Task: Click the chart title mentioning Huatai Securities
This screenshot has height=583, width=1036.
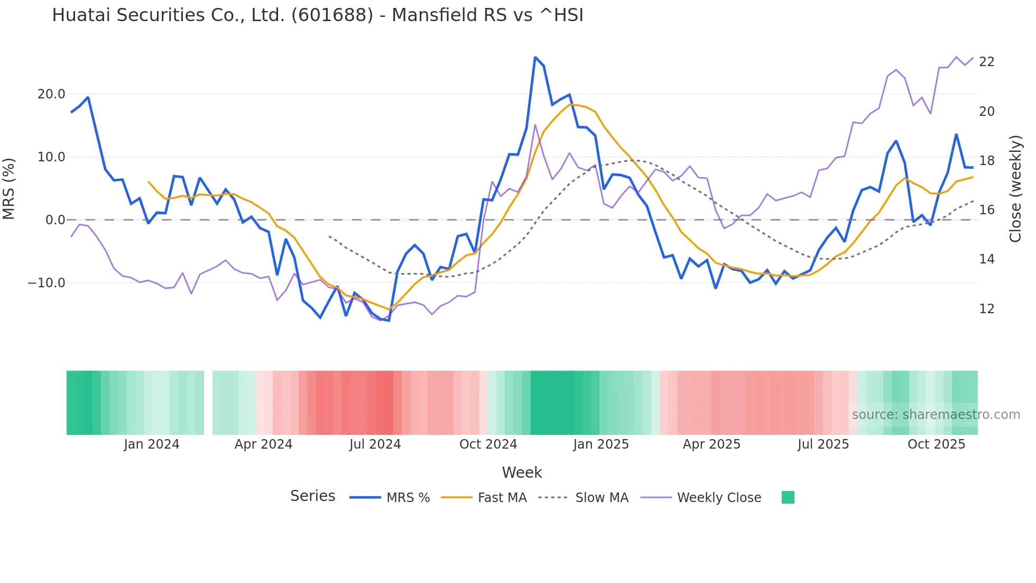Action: point(318,15)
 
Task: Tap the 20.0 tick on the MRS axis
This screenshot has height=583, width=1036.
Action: point(51,94)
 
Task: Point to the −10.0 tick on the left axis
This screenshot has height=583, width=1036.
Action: point(47,283)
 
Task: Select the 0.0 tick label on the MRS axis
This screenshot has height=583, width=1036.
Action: point(55,220)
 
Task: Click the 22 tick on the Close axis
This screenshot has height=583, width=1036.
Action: point(986,62)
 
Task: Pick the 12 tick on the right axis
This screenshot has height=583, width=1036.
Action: point(986,309)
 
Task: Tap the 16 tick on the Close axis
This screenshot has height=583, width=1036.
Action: point(986,210)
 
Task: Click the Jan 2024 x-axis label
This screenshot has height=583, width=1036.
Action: point(152,444)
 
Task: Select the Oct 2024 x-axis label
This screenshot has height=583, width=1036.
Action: point(488,444)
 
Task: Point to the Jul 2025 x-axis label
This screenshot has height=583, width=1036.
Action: point(823,444)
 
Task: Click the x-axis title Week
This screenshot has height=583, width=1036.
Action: point(522,472)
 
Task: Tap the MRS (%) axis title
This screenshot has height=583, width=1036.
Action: point(9,188)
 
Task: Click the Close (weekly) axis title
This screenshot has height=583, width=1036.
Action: point(1015,188)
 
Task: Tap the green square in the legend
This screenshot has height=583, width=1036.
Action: point(788,497)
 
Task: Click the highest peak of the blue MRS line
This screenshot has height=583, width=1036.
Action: point(535,57)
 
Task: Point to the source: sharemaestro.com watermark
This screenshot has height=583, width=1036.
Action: point(936,415)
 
